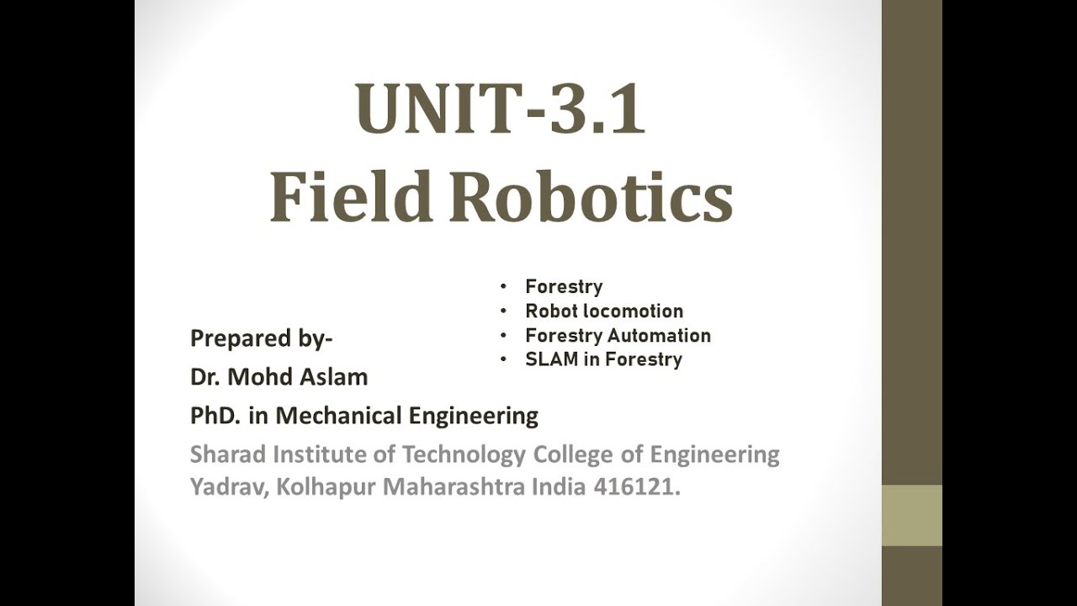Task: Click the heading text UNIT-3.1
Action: point(501,109)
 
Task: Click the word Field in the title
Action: point(350,197)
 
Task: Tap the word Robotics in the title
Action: point(591,197)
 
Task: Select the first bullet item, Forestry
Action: point(564,287)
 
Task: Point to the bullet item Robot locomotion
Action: point(604,311)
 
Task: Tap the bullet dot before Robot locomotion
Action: point(503,311)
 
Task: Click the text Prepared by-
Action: point(262,338)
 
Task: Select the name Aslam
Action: point(334,377)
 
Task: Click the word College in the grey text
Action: point(574,455)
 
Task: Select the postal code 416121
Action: point(637,487)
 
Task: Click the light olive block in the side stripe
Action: point(911,516)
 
